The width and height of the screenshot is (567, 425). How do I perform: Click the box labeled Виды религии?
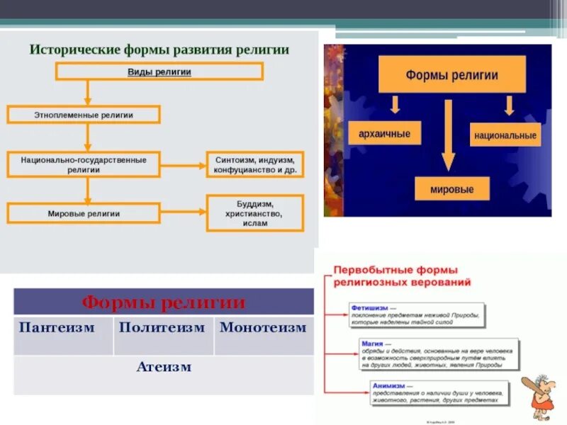[x=159, y=72]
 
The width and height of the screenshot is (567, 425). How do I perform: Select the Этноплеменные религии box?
[x=84, y=115]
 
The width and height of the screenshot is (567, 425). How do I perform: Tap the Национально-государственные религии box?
[x=84, y=164]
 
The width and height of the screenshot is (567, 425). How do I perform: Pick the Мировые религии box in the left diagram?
[x=84, y=213]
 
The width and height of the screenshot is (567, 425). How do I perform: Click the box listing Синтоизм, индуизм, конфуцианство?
[x=255, y=164]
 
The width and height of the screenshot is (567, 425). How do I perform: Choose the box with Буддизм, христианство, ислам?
[x=255, y=213]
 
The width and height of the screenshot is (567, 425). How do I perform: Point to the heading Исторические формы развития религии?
[x=159, y=50]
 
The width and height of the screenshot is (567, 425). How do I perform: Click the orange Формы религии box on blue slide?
[x=451, y=75]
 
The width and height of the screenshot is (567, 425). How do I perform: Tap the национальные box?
[x=505, y=135]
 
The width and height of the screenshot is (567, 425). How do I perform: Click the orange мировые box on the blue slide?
[x=451, y=189]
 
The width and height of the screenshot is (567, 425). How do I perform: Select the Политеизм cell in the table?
[x=162, y=328]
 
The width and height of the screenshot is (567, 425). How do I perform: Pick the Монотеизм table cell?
[x=263, y=328]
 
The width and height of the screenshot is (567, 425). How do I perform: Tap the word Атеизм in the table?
[x=164, y=367]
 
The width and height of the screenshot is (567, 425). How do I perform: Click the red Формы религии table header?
[x=164, y=302]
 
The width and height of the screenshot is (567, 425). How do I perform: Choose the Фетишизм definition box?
[x=417, y=314]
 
